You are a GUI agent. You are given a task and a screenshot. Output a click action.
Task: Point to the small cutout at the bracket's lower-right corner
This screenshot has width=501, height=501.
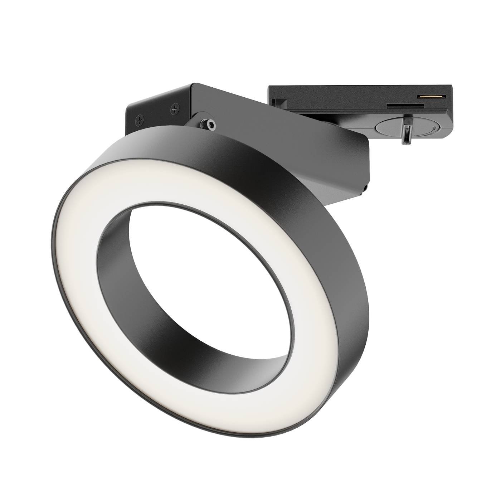pos(365,188)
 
